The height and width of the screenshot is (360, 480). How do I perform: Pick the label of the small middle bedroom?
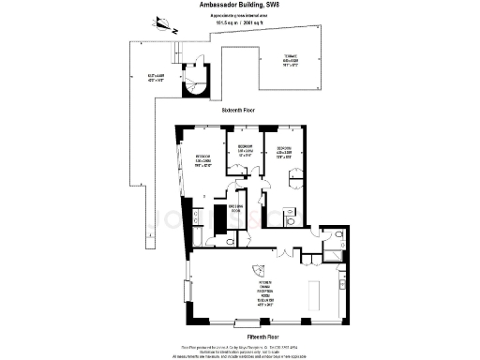(x=246, y=150)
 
